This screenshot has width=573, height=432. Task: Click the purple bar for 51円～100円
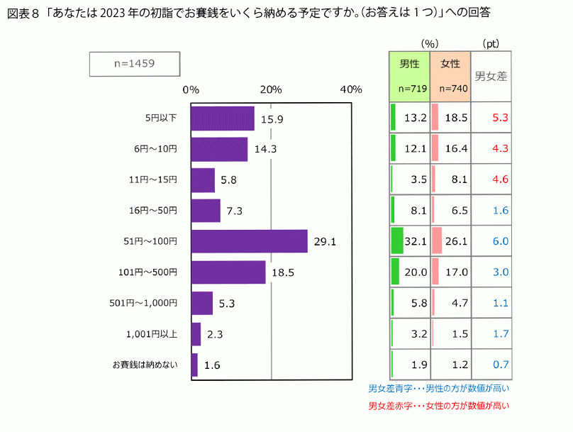click(x=249, y=241)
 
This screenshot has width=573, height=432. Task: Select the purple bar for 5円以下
click(x=223, y=118)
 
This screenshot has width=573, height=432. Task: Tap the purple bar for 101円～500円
click(x=228, y=272)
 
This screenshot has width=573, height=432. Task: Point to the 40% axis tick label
click(x=350, y=89)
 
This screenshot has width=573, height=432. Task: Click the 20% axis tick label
click(x=271, y=89)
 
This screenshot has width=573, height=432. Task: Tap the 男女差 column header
click(x=491, y=76)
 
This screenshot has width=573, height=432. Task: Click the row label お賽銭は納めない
click(x=145, y=365)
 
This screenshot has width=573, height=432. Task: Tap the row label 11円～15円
click(x=154, y=179)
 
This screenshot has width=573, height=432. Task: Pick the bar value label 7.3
click(x=235, y=211)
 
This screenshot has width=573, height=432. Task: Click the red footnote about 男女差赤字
click(x=439, y=406)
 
